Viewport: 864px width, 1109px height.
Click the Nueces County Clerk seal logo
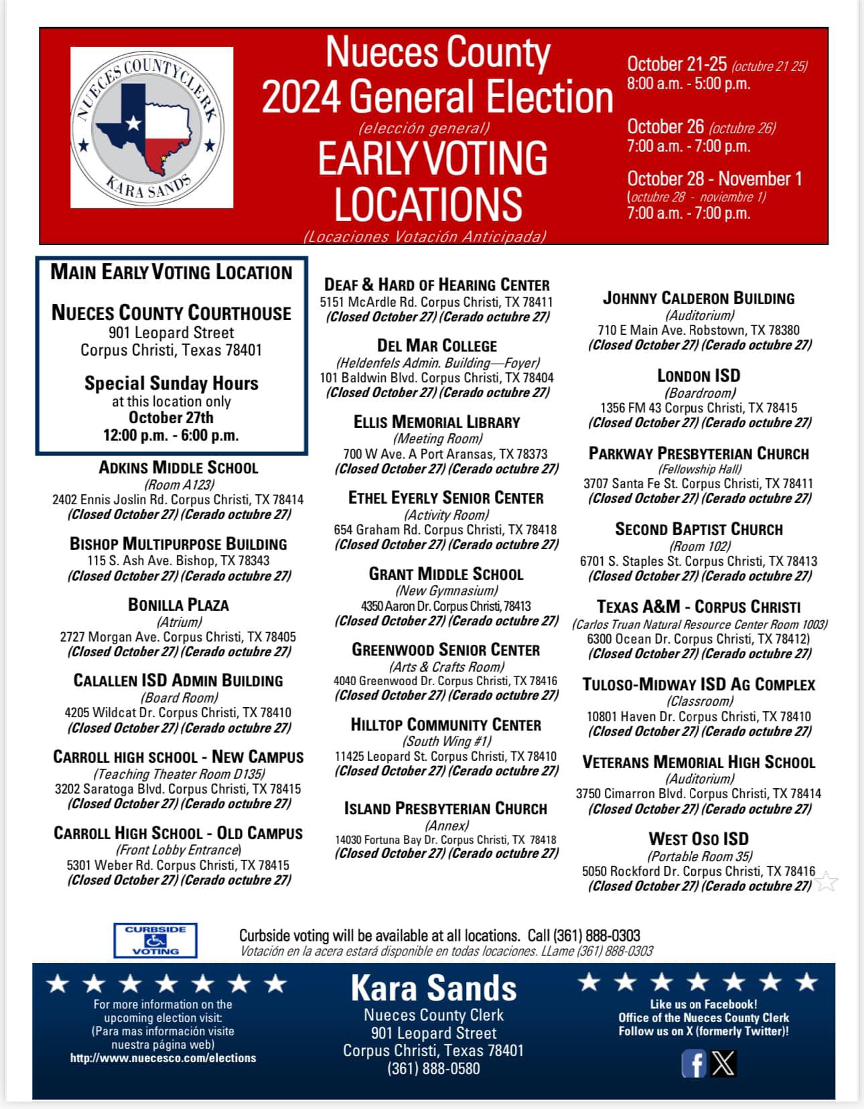tap(152, 127)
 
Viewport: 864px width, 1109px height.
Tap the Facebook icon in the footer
tap(693, 1063)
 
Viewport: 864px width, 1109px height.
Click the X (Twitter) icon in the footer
tap(723, 1063)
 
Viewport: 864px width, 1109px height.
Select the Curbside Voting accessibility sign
tap(155, 940)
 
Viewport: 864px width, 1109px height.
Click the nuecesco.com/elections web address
tap(163, 1058)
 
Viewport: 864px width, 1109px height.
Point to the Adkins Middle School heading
tap(178, 467)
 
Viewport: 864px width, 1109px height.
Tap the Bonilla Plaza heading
tap(178, 605)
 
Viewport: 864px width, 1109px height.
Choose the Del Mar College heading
tap(437, 346)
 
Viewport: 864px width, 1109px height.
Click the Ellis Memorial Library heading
tap(437, 422)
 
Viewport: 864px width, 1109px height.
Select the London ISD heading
tap(699, 376)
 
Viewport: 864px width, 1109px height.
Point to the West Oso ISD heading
tap(699, 839)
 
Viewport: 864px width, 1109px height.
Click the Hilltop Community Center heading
tap(445, 725)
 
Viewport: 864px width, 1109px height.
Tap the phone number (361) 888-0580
tap(433, 1068)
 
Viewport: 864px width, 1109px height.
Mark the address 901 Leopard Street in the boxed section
tap(171, 333)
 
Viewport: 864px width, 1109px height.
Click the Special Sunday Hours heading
tap(171, 383)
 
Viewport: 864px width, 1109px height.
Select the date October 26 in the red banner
tap(666, 127)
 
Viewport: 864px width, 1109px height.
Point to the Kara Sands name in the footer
tap(433, 988)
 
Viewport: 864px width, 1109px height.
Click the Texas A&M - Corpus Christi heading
tap(699, 607)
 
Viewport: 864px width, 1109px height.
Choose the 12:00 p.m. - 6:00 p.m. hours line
tap(171, 435)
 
